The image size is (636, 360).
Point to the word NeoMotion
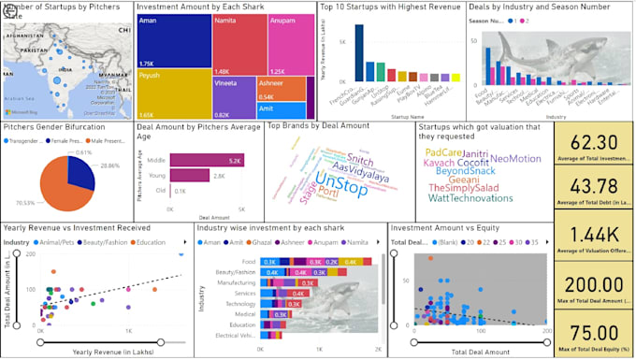[x=515, y=159]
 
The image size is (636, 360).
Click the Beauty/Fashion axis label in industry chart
[x=235, y=271]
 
